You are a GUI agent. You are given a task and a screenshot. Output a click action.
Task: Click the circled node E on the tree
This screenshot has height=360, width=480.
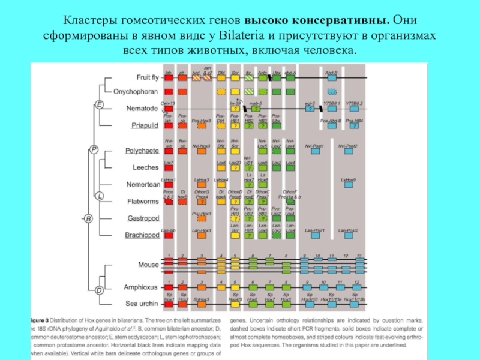coord(100,106)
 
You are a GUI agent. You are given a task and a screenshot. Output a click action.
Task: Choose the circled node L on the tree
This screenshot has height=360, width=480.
coord(100,195)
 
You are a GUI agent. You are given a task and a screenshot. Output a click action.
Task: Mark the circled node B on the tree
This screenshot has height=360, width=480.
coord(88,219)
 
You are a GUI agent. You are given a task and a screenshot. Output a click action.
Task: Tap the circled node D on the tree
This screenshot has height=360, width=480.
coord(99,290)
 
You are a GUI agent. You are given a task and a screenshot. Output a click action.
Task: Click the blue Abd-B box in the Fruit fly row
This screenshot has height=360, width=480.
coord(332,77)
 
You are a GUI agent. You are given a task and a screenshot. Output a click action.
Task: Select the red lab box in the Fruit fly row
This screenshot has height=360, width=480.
coord(169,77)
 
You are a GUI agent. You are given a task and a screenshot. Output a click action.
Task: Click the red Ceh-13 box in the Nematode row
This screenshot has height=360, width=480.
coord(169,109)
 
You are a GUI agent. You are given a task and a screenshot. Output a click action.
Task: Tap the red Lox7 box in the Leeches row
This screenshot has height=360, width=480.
coord(169,168)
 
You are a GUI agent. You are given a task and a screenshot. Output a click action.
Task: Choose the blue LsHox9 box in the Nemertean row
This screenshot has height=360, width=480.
coord(349,185)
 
